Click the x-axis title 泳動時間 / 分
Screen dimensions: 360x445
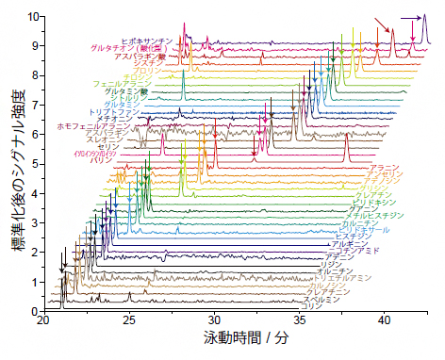[236, 336]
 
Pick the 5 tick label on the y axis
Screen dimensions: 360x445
[33, 164]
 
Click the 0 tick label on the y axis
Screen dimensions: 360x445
[33, 311]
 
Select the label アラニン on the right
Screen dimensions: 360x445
[385, 168]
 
